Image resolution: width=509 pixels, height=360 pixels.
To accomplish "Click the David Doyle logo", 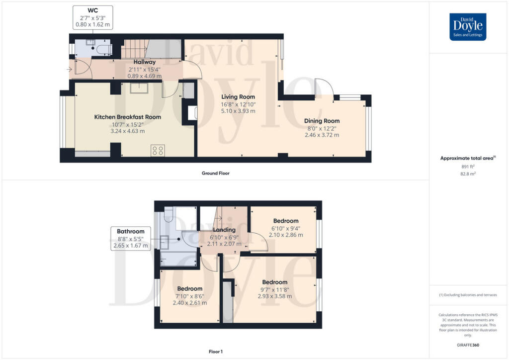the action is tap(468, 27).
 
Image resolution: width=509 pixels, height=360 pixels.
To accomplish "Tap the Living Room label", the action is tap(238, 97).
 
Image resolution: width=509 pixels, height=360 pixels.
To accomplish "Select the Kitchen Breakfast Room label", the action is tap(128, 117).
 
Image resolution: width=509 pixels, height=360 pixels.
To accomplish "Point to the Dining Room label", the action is tap(322, 121).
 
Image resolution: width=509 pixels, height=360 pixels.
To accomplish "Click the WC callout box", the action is tap(93, 17).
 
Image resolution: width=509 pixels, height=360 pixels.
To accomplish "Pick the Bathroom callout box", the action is tap(131, 238).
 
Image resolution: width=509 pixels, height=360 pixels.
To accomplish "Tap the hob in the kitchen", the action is tap(158, 151).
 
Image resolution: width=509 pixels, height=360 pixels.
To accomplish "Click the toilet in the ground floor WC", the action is tap(104, 50).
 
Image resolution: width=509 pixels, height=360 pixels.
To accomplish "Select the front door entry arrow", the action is tap(69, 69).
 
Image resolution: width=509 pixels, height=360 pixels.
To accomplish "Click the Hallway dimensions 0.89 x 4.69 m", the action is tap(145, 76).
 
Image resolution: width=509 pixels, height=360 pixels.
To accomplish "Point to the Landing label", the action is tap(224, 230).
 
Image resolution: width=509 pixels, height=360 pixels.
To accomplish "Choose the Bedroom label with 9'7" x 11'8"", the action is tap(274, 282).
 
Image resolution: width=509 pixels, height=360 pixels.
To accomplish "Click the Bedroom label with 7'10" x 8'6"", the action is tap(189, 288).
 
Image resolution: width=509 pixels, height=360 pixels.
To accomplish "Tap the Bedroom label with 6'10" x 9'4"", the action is tap(286, 221).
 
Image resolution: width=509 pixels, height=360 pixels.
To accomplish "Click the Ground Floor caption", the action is tap(216, 174).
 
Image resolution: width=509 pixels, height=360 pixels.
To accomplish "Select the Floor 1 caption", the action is tap(216, 352).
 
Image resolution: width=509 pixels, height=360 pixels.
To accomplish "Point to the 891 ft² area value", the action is tap(468, 167).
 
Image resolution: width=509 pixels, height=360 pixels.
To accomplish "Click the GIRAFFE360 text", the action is tap(468, 345).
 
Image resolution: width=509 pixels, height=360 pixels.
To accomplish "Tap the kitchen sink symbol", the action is tap(139, 89).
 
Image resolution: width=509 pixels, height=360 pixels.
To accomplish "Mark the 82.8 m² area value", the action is tap(468, 174).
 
